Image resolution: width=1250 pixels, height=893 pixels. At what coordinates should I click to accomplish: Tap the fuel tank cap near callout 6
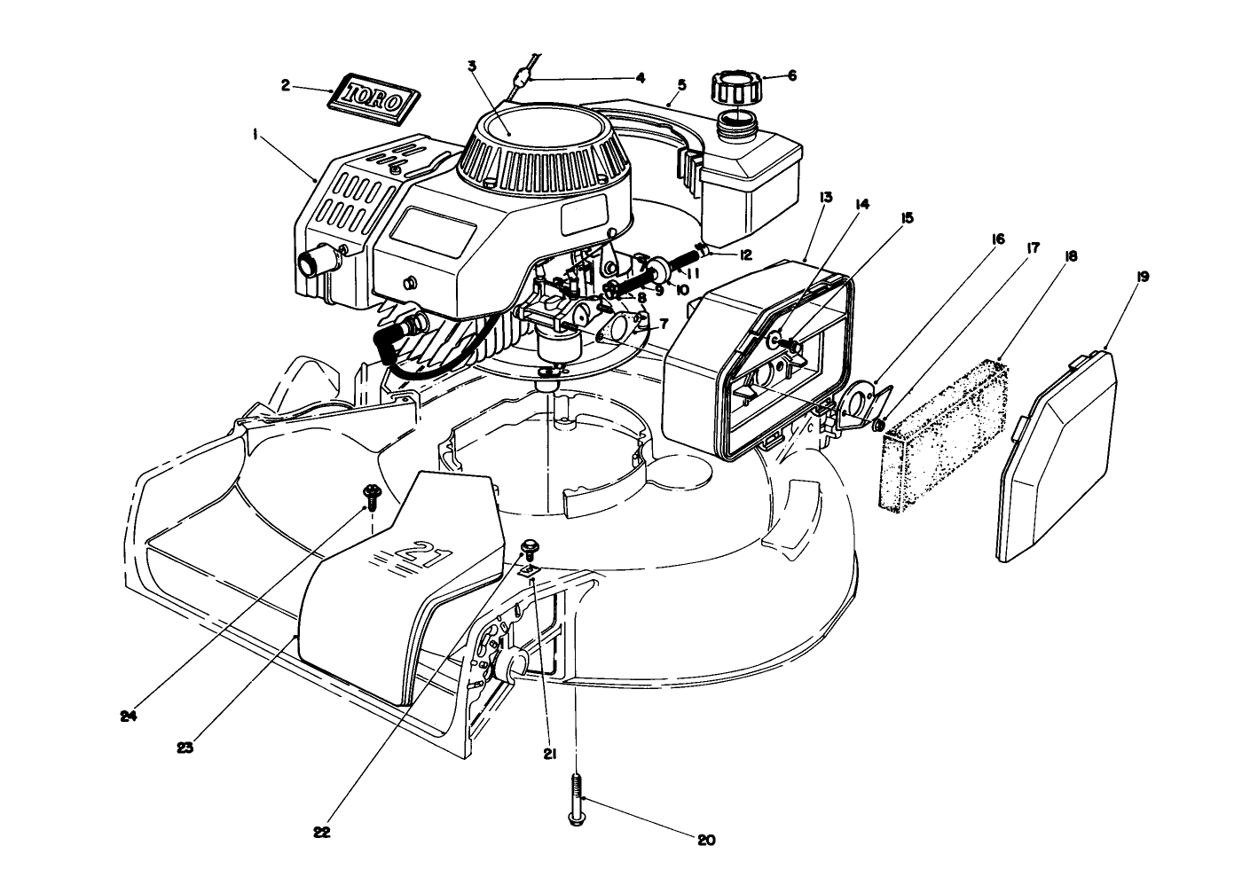pos(735,89)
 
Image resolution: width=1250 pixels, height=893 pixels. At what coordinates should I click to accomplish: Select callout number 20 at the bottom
pos(706,841)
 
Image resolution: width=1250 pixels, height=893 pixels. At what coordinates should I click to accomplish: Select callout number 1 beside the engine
pos(255,135)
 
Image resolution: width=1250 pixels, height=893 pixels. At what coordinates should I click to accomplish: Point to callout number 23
pos(185,747)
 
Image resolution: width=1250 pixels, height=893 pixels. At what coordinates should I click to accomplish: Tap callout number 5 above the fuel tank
pos(681,84)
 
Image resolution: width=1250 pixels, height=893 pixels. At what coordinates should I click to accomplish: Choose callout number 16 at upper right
pos(998,239)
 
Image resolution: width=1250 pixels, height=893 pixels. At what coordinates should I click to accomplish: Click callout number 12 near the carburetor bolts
pos(745,255)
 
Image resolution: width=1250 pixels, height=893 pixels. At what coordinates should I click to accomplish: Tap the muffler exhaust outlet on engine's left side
pos(313,262)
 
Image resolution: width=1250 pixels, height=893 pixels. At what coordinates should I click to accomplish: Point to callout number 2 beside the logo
pos(285,85)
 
